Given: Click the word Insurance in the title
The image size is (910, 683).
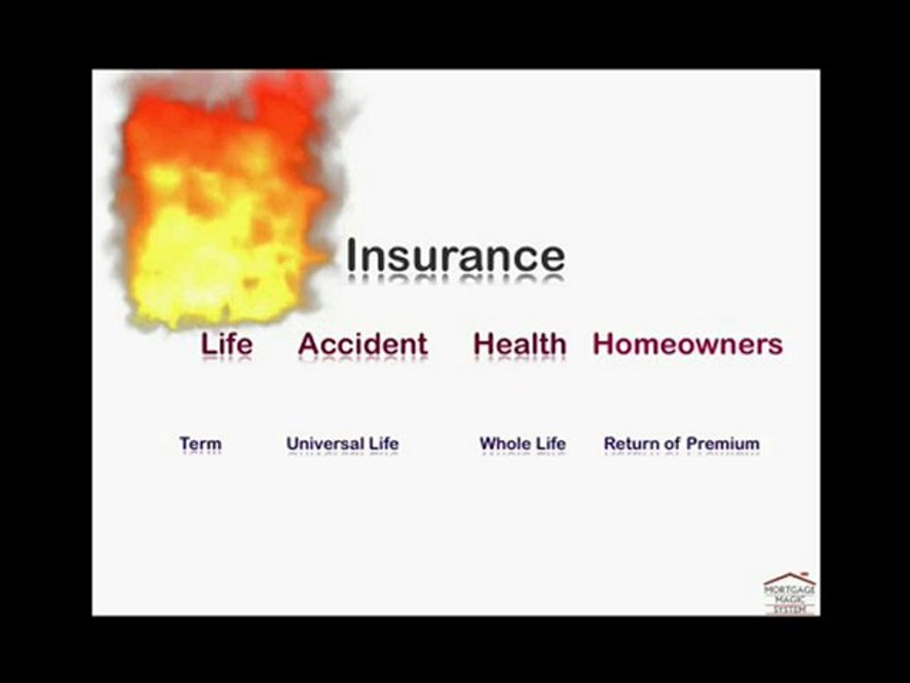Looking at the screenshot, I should coord(455,255).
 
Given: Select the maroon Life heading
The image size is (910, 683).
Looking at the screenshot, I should coord(227,343).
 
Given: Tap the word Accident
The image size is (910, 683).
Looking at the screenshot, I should coord(362,343).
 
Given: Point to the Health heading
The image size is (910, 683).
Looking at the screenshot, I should coord(519,343).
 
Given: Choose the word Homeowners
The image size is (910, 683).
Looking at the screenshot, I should coord(687,343).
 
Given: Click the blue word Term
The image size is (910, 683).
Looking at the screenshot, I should coord(200,443).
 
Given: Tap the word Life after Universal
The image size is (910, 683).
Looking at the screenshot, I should coord(384,443).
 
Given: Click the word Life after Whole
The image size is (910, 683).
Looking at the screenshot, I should coord(551,443).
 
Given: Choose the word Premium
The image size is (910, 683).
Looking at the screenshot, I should coord(722,443).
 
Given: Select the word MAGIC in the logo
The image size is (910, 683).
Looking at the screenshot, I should coord(790,599).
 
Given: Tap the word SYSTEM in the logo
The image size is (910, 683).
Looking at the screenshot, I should coord(790,609).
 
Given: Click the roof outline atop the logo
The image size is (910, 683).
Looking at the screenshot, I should coord(790,577).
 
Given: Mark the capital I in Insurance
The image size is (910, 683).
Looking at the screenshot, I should coord(352,255).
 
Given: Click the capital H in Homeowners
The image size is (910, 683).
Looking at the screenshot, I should coord(604,343).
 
